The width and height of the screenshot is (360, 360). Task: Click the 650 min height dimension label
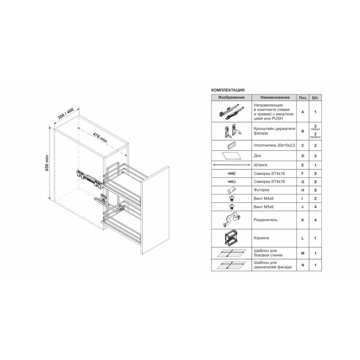(x=47, y=163)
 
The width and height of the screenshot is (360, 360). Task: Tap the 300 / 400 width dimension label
(x=66, y=113)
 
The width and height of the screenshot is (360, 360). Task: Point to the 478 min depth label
(x=100, y=137)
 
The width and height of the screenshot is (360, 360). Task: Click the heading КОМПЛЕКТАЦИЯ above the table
(x=228, y=90)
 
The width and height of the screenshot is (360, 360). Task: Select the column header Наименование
(x=275, y=97)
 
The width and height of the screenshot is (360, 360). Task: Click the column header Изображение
(x=231, y=97)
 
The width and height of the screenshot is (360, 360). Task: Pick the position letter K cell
(x=302, y=220)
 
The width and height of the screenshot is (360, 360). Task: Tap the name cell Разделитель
(x=265, y=220)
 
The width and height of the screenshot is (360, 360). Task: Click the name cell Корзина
(x=261, y=238)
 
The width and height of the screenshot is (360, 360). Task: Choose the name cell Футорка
(x=261, y=190)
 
